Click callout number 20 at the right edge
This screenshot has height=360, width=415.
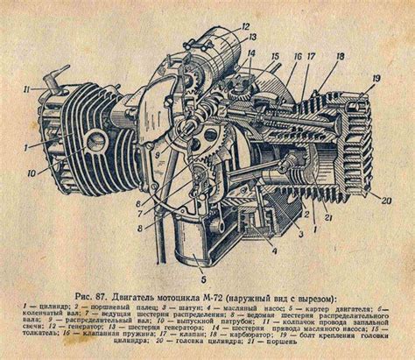coord(385,201)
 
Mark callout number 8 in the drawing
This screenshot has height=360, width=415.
coord(141,229)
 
